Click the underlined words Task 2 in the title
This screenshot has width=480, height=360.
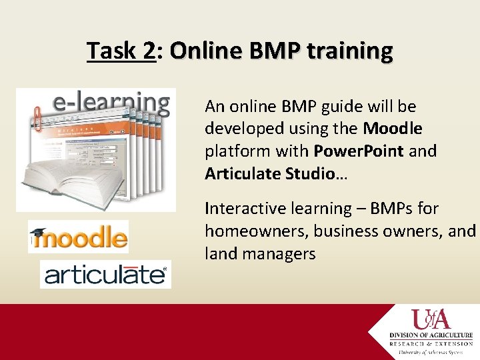point(121,51)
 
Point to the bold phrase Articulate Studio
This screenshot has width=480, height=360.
point(270,174)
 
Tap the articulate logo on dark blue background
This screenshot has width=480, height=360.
point(105,274)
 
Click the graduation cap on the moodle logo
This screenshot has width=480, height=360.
point(40,233)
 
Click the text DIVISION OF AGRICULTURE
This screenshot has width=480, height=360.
point(432,335)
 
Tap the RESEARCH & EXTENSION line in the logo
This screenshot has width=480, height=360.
point(432,343)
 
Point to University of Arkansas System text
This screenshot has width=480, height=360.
point(432,352)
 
